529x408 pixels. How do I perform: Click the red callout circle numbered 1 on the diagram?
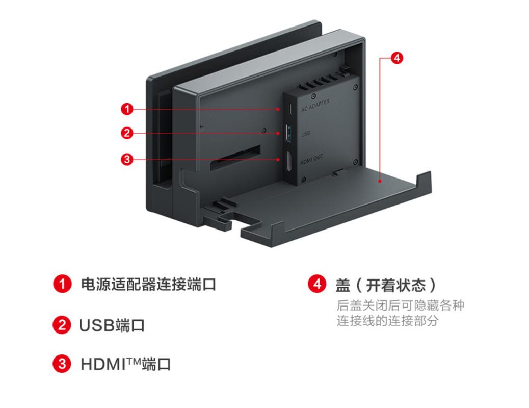pos(127,109)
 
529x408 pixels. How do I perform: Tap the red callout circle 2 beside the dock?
pos(127,134)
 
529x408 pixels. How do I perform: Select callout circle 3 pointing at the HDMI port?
pos(127,159)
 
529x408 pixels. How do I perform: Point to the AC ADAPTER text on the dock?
pos(315,103)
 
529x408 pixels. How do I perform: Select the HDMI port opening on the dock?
pos(288,162)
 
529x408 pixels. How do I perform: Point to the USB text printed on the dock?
pos(305,134)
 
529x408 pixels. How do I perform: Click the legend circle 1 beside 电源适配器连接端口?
pos(62,284)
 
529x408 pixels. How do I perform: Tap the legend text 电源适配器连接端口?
pos(148,284)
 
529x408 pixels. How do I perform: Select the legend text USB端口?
pos(112,325)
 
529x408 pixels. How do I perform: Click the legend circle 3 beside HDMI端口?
pos(62,364)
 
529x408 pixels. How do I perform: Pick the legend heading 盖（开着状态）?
pos(386,284)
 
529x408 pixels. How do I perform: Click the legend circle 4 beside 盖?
pos(318,284)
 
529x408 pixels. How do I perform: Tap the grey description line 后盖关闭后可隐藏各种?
pos(401,305)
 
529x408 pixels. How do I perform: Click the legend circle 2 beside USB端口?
pos(62,325)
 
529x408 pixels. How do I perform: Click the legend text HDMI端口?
pos(126,365)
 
